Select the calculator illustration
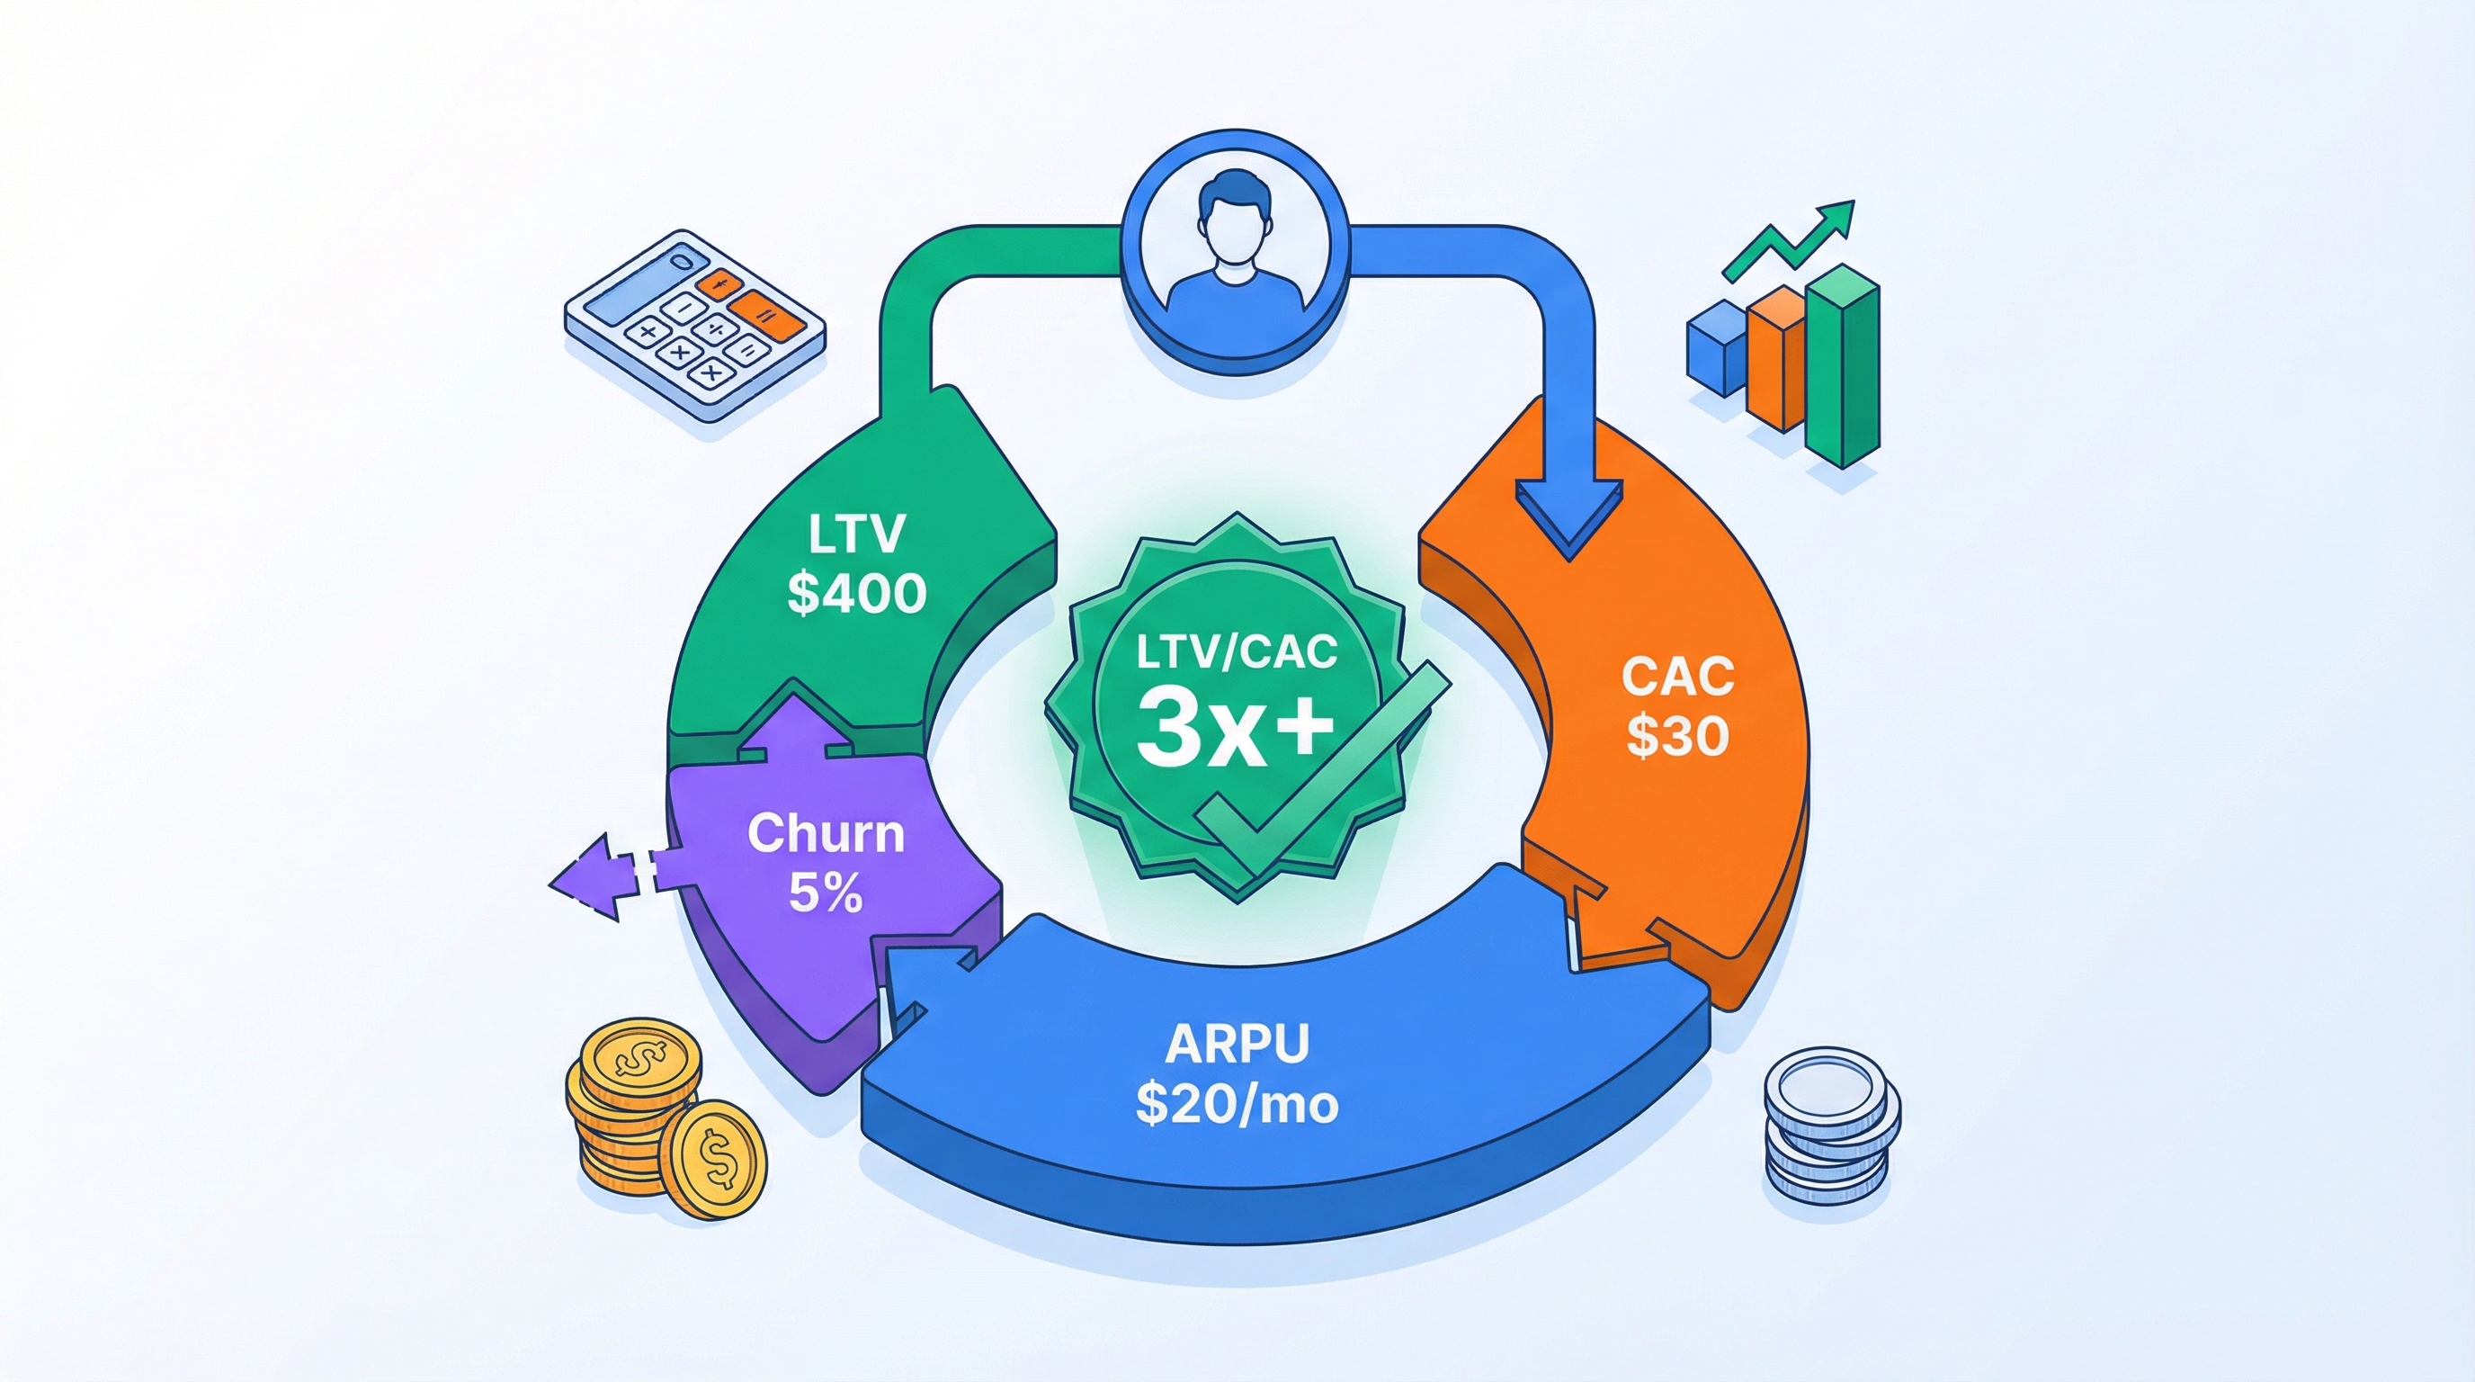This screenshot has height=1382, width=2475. tap(693, 323)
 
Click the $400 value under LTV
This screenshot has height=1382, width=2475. tap(856, 592)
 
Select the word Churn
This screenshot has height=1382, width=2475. tap(826, 833)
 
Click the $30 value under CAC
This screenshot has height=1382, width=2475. tap(1676, 736)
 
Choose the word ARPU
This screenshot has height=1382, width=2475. tap(1237, 1044)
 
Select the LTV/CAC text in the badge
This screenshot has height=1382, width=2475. tap(1236, 652)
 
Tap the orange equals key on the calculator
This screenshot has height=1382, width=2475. tap(768, 313)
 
